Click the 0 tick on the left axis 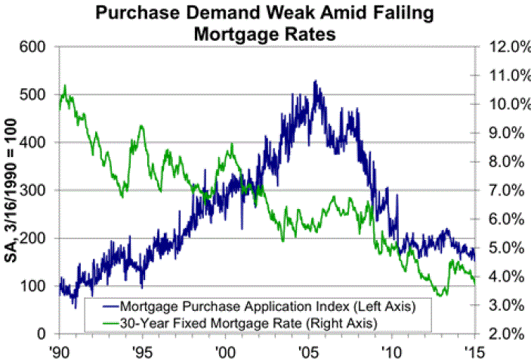tap(43, 334)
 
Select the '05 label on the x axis tap(307, 350)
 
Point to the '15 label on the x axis tap(474, 350)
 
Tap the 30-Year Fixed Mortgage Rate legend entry tap(253, 322)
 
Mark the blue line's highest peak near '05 tap(314, 81)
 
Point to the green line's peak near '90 tap(66, 86)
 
